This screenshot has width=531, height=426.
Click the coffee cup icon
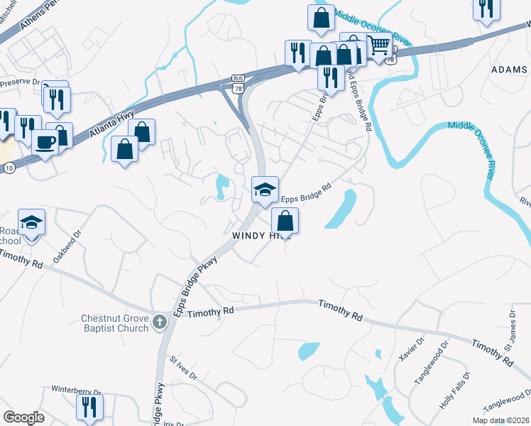[x=45, y=142]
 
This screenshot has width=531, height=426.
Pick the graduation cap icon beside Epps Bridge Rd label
[x=265, y=189]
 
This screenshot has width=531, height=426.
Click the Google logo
[x=23, y=417]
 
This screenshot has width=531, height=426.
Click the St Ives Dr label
[x=183, y=368]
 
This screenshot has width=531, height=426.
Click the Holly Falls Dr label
[x=454, y=390]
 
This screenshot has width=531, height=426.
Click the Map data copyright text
[x=499, y=420]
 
